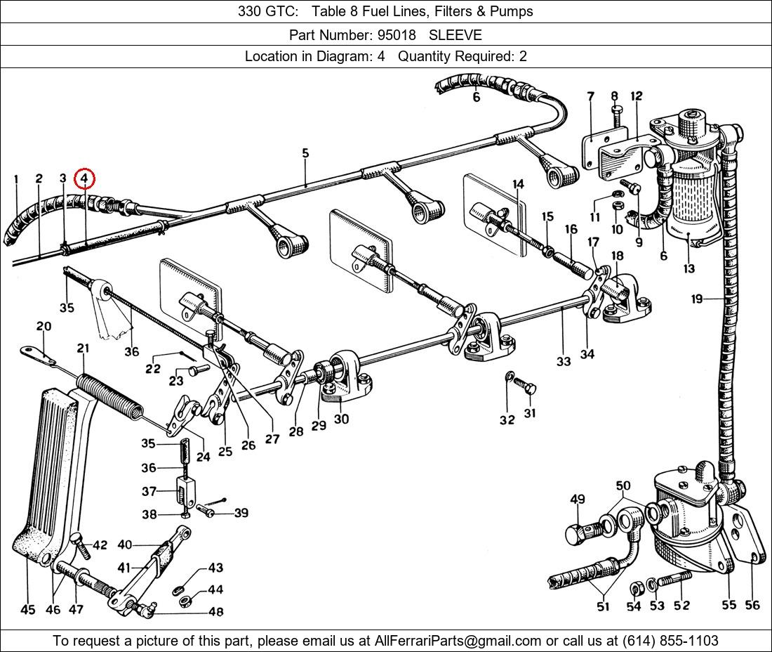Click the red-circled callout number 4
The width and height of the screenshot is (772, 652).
tap(84, 179)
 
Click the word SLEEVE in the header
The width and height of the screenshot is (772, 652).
tap(455, 34)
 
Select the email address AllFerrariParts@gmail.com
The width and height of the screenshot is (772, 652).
tap(458, 641)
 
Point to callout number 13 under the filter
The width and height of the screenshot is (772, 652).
tap(688, 268)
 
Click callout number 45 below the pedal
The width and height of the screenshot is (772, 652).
tap(27, 609)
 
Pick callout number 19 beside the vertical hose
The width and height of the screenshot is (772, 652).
tap(696, 299)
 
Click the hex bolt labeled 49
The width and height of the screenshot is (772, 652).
tap(576, 533)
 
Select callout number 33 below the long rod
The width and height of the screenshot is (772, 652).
tap(564, 361)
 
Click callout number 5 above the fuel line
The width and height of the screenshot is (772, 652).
tap(305, 153)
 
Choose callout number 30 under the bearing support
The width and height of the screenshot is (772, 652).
tap(341, 419)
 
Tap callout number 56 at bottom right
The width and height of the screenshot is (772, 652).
tap(752, 605)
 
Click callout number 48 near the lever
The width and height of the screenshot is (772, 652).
tap(215, 612)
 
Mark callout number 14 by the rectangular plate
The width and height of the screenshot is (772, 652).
tap(518, 185)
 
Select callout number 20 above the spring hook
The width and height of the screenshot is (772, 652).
tap(44, 326)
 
